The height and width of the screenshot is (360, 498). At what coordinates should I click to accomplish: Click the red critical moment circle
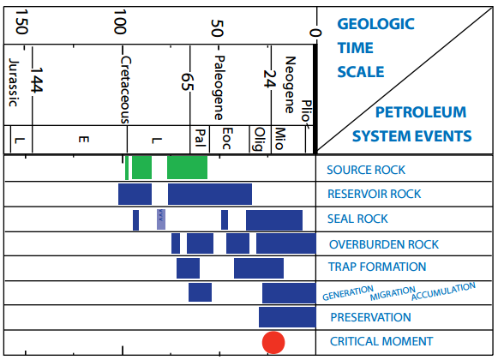pyautogui.click(x=273, y=343)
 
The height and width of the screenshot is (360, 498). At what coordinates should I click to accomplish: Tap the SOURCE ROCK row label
pyautogui.click(x=366, y=170)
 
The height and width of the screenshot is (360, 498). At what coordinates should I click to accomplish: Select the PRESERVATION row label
pyautogui.click(x=370, y=317)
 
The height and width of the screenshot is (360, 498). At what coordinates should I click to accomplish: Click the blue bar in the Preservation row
pyautogui.click(x=287, y=317)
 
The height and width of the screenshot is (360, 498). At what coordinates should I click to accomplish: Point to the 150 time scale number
pyautogui.click(x=21, y=21)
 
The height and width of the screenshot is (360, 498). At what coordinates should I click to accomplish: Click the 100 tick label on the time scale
pyautogui.click(x=120, y=21)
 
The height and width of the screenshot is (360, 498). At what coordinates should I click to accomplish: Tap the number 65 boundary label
pyautogui.click(x=187, y=82)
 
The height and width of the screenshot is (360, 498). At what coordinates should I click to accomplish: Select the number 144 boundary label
pyautogui.click(x=36, y=80)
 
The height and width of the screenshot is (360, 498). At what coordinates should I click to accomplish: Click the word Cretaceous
pyautogui.click(x=126, y=90)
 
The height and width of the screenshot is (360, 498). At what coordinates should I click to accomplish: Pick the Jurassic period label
pyautogui.click(x=14, y=82)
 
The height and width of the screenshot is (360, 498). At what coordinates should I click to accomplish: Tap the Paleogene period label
pyautogui.click(x=219, y=87)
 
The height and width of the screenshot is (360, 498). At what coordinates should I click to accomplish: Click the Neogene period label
pyautogui.click(x=290, y=85)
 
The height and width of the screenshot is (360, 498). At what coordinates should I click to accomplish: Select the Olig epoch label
pyautogui.click(x=259, y=139)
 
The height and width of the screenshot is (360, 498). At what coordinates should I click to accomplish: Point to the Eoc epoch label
pyautogui.click(x=227, y=139)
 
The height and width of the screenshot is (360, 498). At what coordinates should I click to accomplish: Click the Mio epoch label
pyautogui.click(x=279, y=139)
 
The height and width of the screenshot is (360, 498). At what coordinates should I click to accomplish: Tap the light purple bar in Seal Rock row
pyautogui.click(x=161, y=219)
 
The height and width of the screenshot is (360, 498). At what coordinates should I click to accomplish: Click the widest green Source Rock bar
pyautogui.click(x=188, y=167)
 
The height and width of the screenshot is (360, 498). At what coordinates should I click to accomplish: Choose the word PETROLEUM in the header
pyautogui.click(x=421, y=112)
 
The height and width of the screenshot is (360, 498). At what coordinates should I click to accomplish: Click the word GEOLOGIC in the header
pyautogui.click(x=375, y=24)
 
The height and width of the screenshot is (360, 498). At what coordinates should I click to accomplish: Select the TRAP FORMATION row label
pyautogui.click(x=377, y=267)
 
